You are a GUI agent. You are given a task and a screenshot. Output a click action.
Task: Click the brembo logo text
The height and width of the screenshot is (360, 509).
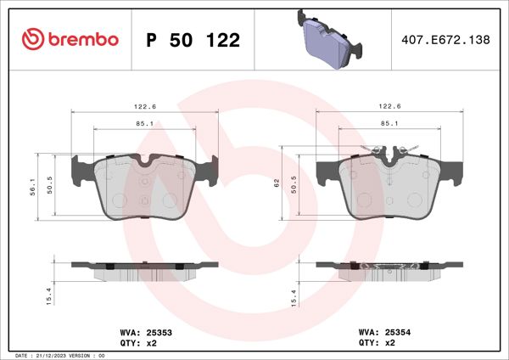[x=82, y=39]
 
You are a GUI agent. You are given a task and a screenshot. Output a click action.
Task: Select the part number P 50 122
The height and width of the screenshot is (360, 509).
[x=193, y=40]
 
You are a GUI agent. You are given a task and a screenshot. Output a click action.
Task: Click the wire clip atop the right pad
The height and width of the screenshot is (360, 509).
[x=390, y=151]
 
